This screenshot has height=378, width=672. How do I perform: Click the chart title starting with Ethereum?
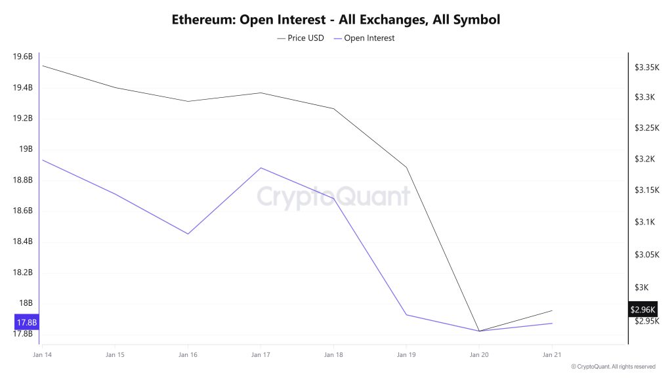[335, 19]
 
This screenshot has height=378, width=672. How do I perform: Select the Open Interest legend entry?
[365, 38]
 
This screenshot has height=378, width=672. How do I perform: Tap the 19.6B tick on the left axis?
[22, 57]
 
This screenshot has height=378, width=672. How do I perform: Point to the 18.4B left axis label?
[22, 241]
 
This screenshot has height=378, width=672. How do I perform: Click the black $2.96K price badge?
[642, 309]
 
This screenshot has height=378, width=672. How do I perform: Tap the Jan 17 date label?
[261, 354]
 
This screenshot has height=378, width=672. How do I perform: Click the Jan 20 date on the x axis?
[479, 354]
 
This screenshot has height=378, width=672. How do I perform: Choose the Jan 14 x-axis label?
[41, 354]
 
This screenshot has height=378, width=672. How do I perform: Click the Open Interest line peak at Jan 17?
[261, 168]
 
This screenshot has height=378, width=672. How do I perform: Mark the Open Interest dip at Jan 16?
[188, 234]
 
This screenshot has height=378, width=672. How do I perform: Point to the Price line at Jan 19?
[406, 167]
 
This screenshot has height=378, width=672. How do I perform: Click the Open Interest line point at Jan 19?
[406, 314]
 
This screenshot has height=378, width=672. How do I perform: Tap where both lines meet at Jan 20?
[479, 331]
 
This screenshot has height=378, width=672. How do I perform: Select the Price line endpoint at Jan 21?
[552, 310]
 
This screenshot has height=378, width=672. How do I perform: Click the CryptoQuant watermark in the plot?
[333, 196]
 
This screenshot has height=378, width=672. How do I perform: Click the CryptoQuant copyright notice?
[613, 366]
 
